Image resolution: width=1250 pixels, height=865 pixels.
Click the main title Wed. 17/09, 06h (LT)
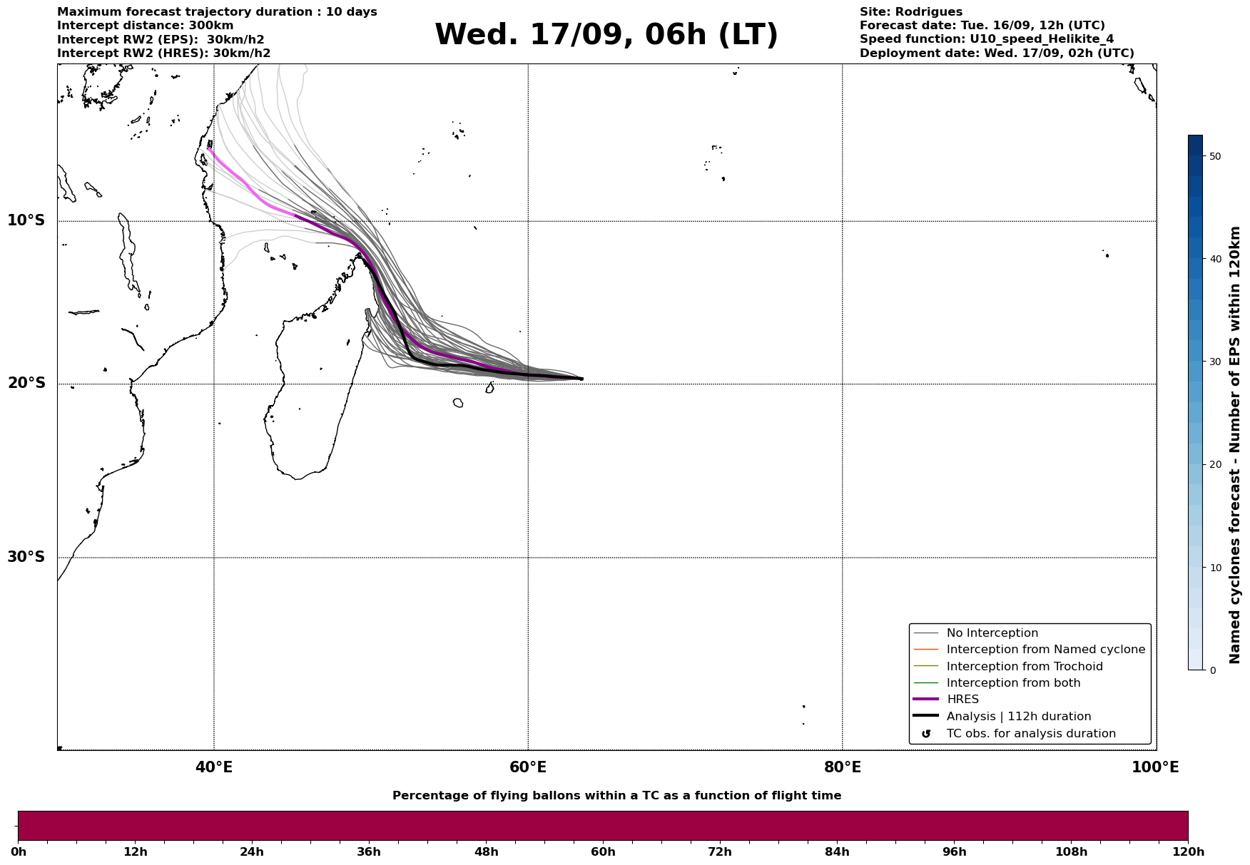606,35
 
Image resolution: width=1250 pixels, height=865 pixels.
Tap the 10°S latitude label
26,220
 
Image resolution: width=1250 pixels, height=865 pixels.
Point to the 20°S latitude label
26,384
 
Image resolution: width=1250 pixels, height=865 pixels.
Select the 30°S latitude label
26,557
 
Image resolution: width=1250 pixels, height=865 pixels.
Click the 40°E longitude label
214,767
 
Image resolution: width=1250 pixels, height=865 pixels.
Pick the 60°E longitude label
528,767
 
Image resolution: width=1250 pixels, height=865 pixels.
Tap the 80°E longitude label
842,767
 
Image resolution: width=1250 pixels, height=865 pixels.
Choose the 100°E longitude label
1155,767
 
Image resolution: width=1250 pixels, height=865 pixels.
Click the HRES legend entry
962,700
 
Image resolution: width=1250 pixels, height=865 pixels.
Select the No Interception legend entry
992,633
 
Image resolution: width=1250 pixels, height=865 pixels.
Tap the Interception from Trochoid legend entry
1024,667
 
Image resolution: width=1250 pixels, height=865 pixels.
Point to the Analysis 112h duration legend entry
1018,717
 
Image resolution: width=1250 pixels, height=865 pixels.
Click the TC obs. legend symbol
926,734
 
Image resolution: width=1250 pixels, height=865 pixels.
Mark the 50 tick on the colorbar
1215,156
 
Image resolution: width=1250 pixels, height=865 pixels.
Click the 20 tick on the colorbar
1215,465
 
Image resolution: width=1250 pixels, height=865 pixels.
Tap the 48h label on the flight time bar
486,852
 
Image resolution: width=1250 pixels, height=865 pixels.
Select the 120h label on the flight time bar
1188,852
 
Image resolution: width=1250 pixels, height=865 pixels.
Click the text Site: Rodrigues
910,12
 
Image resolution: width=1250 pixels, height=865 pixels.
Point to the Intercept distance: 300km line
145,26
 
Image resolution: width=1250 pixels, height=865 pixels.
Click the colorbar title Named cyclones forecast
1235,445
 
